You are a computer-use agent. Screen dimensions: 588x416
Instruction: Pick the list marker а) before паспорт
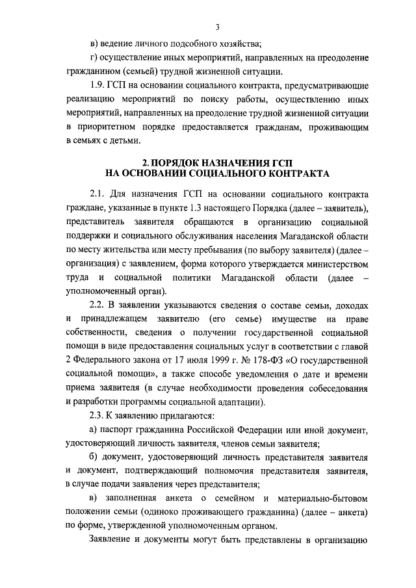tap(94, 430)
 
